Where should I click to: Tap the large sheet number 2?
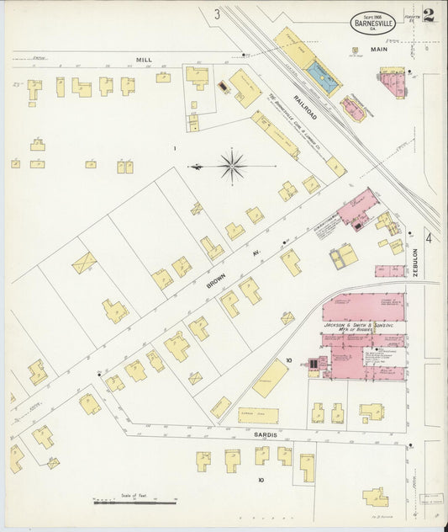pyautogui.click(x=429, y=15)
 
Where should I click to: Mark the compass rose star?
pyautogui.click(x=232, y=165)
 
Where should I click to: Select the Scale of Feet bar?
pyautogui.click(x=134, y=502)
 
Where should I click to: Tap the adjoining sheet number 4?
pyautogui.click(x=428, y=238)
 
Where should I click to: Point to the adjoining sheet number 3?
pyautogui.click(x=216, y=13)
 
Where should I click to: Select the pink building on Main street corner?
pyautogui.click(x=392, y=82)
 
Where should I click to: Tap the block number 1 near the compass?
pyautogui.click(x=174, y=149)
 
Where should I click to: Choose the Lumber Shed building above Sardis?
pyautogui.click(x=257, y=416)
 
